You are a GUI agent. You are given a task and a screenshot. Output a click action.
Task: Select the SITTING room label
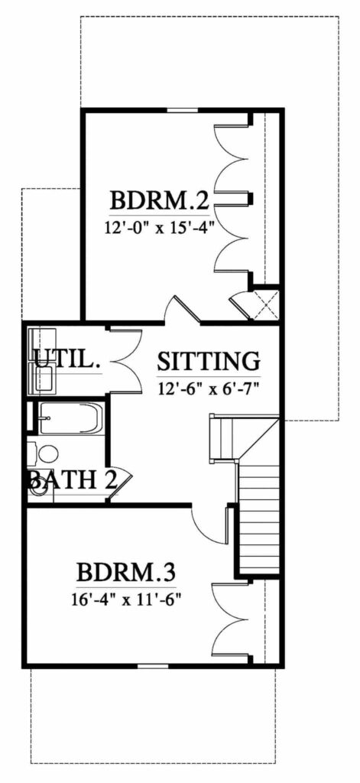point(209,360)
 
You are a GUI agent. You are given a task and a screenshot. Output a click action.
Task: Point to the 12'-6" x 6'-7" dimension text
point(209,387)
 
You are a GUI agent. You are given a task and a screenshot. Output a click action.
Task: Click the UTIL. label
point(67,360)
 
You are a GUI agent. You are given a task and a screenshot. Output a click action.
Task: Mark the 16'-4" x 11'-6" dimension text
point(128,597)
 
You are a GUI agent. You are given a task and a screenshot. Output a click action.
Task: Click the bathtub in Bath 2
point(69,418)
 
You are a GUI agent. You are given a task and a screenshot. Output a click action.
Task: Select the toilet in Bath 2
point(47,453)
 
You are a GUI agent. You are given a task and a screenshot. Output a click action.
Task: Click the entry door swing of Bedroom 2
point(183,310)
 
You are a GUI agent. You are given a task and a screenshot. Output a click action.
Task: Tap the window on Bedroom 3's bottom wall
point(152,667)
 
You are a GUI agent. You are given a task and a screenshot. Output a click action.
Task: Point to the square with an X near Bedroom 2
point(266,304)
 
